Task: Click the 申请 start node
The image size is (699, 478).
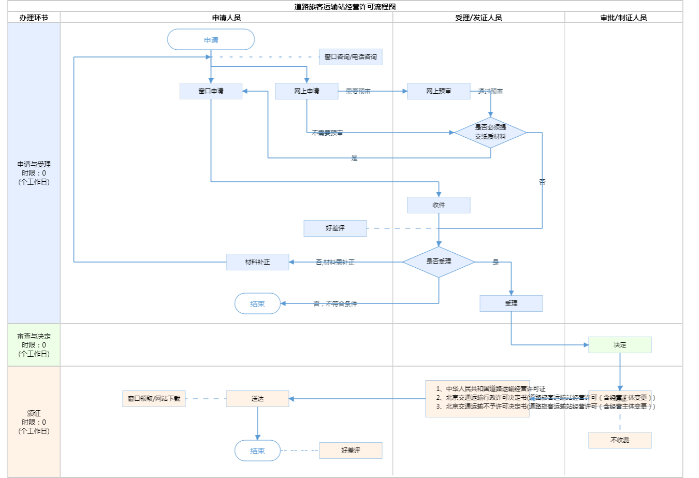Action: point(211,39)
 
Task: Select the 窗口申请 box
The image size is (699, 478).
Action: point(211,91)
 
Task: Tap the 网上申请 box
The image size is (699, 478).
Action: point(307,91)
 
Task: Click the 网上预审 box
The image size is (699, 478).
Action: point(439,91)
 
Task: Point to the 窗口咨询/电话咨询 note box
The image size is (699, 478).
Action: point(351,57)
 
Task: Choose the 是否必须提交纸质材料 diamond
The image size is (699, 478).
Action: point(490,132)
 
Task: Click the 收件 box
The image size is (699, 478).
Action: point(439,205)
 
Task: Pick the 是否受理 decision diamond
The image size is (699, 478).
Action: point(439,262)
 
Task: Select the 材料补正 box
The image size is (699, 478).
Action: point(257,262)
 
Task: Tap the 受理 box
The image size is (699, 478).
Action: point(511,303)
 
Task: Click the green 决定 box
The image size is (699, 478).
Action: point(620,345)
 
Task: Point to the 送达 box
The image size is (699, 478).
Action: point(257,399)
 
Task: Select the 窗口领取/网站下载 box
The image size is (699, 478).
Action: point(154,399)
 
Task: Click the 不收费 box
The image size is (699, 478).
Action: point(620,440)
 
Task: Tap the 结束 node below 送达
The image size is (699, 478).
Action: point(257,451)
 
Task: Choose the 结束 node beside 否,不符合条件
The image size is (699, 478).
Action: point(257,303)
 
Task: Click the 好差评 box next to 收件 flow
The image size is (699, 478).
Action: point(335,228)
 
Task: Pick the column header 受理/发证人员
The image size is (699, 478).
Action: point(478,18)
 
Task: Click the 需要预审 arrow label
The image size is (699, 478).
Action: point(358,91)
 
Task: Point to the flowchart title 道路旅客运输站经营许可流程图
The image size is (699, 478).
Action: point(345,7)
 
